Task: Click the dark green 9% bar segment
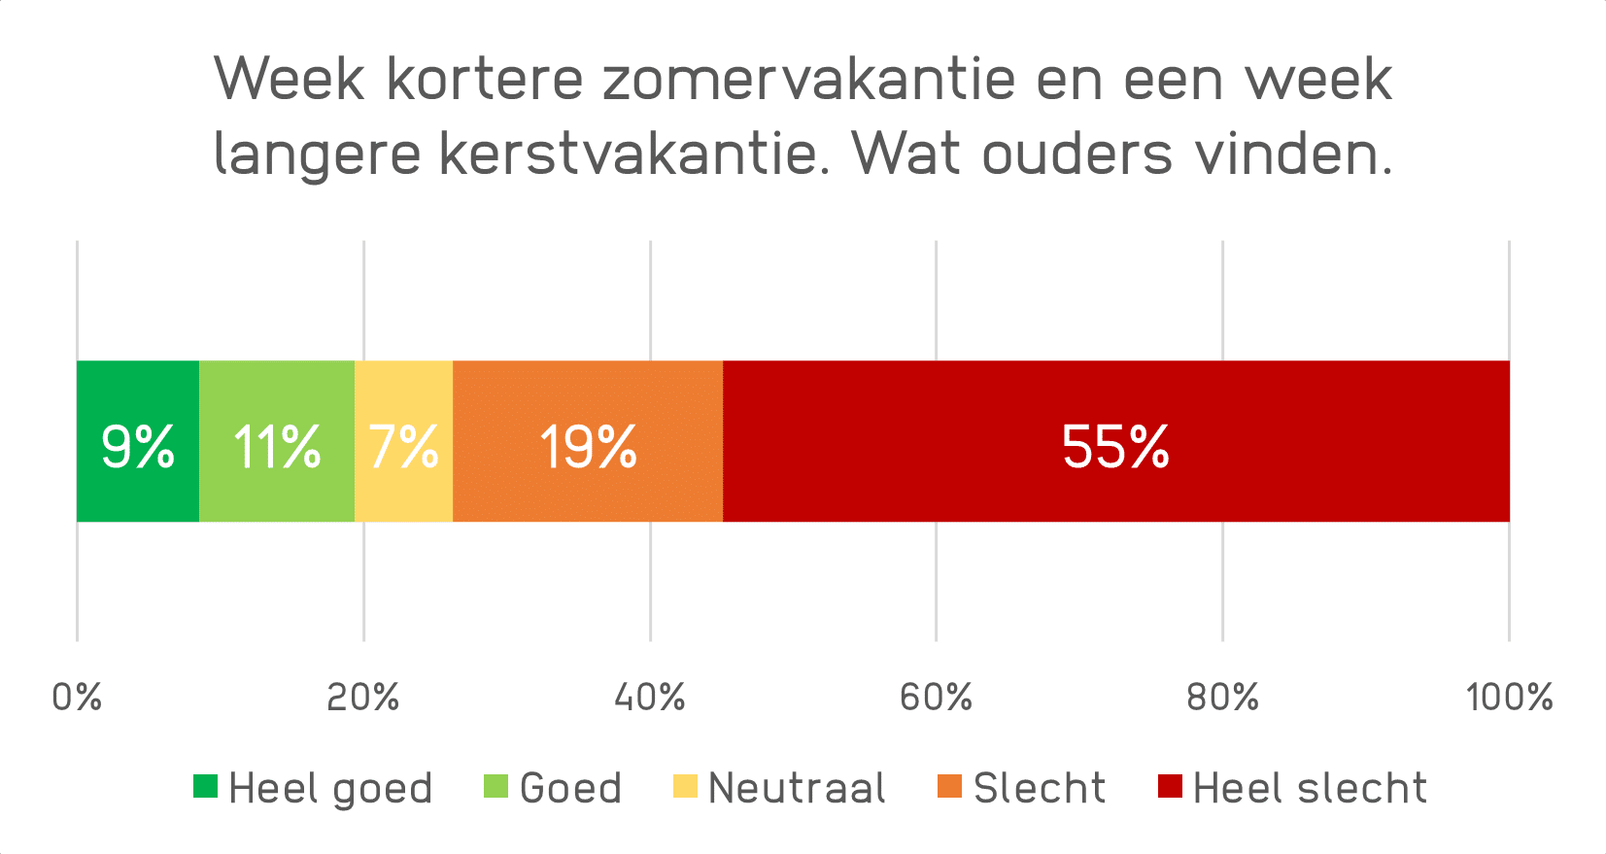click(x=137, y=441)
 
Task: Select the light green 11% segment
click(x=277, y=441)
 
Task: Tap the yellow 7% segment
click(x=403, y=441)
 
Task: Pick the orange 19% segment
click(x=588, y=441)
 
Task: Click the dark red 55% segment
click(x=1115, y=441)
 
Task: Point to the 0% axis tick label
click(x=77, y=697)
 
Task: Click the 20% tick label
click(x=363, y=697)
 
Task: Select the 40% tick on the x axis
click(x=650, y=697)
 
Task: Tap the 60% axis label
click(x=936, y=697)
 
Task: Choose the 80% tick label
click(x=1222, y=697)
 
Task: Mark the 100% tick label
click(x=1509, y=697)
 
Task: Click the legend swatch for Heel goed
click(x=205, y=786)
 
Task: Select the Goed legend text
click(x=570, y=788)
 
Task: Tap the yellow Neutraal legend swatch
click(x=685, y=786)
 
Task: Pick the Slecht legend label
click(x=1040, y=788)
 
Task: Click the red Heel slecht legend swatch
click(x=1170, y=786)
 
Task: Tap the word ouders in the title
click(x=1076, y=154)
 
